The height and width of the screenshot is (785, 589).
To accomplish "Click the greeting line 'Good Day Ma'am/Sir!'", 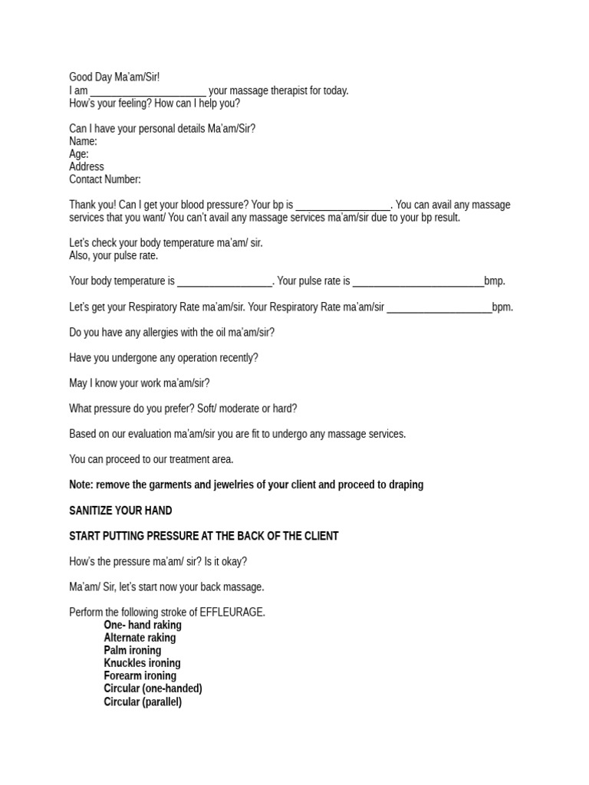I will (x=114, y=77).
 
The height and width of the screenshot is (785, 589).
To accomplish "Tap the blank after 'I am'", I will (x=148, y=91).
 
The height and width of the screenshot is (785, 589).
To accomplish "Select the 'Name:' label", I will (x=83, y=141).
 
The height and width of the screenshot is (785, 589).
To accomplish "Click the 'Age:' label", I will (x=79, y=154).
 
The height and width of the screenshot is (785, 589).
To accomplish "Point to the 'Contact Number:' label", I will (x=105, y=179).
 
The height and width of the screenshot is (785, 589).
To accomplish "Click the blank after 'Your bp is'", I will (x=343, y=205).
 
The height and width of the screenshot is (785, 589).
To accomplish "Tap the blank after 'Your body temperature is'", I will (x=225, y=281).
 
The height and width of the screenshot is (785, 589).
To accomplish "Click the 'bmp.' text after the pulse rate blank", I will (x=495, y=281).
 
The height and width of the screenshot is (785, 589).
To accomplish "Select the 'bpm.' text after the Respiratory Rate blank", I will (x=502, y=307).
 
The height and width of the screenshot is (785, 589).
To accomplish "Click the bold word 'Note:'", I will (x=81, y=485).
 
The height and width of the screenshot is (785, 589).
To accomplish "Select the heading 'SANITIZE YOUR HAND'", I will (x=120, y=511).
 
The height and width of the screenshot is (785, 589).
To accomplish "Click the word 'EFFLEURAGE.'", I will (x=232, y=613).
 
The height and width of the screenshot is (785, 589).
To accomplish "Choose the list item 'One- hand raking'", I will (x=143, y=625).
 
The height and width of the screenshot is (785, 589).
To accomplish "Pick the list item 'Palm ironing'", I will (x=133, y=650).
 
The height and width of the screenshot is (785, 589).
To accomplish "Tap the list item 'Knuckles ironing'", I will (x=142, y=663).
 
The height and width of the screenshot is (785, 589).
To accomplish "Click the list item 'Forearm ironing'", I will (x=140, y=676).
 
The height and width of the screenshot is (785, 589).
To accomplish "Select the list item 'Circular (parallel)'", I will (x=143, y=701).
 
